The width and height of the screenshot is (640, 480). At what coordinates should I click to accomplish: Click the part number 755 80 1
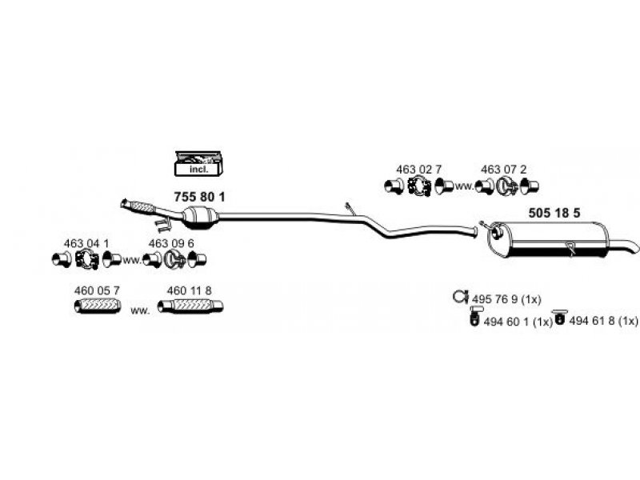pyautogui.click(x=199, y=197)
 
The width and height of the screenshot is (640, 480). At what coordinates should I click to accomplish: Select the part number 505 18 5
pyautogui.click(x=554, y=213)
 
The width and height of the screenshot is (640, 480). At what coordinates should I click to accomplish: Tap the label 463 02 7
pyautogui.click(x=418, y=169)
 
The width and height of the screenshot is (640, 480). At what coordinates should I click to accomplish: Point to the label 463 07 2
pyautogui.click(x=503, y=169)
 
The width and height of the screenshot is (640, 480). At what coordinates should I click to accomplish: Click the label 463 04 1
pyautogui.click(x=86, y=243)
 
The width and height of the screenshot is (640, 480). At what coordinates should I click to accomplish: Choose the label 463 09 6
pyautogui.click(x=171, y=243)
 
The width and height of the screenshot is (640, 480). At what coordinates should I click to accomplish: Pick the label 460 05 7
pyautogui.click(x=97, y=290)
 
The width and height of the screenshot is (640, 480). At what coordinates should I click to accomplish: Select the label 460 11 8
pyautogui.click(x=190, y=290)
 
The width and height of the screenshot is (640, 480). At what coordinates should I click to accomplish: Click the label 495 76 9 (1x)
pyautogui.click(x=506, y=299)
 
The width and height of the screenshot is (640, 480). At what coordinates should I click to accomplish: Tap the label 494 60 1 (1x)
pyautogui.click(x=518, y=322)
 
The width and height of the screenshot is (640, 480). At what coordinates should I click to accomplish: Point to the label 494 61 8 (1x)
pyautogui.click(x=603, y=321)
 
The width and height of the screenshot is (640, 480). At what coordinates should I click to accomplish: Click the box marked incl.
pyautogui.click(x=198, y=164)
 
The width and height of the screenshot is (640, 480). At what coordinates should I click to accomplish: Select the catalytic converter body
pyautogui.click(x=201, y=217)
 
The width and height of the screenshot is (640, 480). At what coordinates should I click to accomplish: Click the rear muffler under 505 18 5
pyautogui.click(x=548, y=239)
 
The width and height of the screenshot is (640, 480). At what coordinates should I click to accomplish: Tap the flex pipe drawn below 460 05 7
pyautogui.click(x=98, y=306)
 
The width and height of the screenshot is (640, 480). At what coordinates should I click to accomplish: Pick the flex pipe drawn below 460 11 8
pyautogui.click(x=190, y=306)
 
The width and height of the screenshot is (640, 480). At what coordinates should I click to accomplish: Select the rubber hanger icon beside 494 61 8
pyautogui.click(x=559, y=318)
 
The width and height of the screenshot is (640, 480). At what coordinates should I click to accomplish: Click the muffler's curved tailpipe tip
pyautogui.click(x=632, y=246)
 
